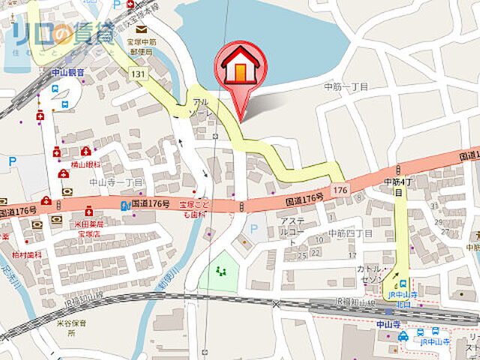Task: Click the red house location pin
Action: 240,67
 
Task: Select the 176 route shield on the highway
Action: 340,190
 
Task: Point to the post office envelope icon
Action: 141,28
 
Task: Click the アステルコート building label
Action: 291,226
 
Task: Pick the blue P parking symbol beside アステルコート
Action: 253,229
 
